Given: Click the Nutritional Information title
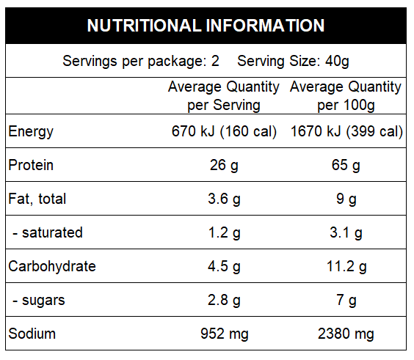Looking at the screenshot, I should tap(206, 26).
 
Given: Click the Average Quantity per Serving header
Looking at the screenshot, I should tap(224, 96).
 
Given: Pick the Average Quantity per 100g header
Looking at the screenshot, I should tap(346, 96).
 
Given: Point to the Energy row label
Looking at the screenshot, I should tap(31, 132).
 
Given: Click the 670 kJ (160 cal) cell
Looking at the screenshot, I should tap(224, 132).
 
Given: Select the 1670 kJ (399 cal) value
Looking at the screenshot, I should tap(346, 132).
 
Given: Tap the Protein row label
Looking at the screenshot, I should tap(31, 166).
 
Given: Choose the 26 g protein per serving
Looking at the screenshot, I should tap(224, 166).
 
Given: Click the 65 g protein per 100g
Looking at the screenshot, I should tap(346, 166).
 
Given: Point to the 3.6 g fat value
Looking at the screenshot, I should tap(224, 199).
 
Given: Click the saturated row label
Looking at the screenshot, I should tap(48, 233).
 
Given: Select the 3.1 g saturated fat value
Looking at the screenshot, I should tap(346, 233).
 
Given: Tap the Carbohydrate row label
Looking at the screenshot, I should tap(52, 266).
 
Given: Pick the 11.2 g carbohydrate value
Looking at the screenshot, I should tap(346, 266).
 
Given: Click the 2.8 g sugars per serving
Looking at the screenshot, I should tap(224, 300).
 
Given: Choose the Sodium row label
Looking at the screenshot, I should tap(32, 334).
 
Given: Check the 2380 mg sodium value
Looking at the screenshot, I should tap(346, 334).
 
